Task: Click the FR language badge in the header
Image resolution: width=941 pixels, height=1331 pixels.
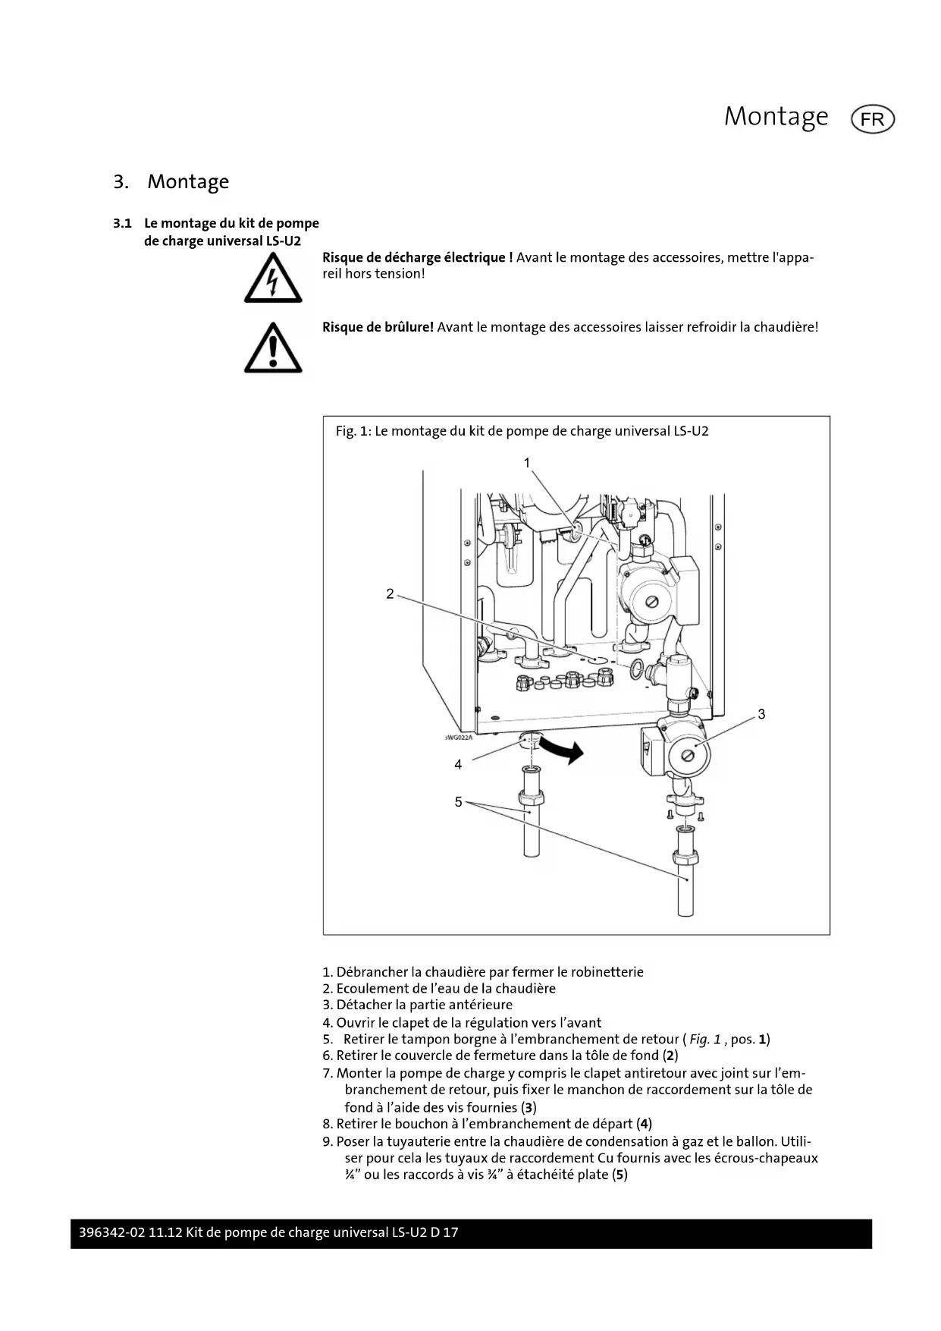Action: (873, 120)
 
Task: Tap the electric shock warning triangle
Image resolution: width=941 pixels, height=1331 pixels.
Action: (273, 279)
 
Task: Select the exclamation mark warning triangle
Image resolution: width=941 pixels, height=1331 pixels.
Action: (273, 348)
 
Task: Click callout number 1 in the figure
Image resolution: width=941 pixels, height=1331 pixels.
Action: (527, 462)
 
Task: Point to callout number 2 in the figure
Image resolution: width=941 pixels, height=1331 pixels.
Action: (390, 593)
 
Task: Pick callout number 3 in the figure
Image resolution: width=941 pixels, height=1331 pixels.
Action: (761, 714)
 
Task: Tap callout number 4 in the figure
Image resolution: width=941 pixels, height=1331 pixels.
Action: (458, 764)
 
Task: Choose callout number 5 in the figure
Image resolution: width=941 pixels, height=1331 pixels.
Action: (458, 801)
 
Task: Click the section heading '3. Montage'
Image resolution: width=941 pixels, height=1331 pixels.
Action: (171, 182)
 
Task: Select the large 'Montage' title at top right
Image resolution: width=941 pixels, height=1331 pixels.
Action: (776, 116)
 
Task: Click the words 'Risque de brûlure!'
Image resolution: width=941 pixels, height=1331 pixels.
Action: (378, 327)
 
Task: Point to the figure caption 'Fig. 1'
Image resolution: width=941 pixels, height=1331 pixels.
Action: (353, 431)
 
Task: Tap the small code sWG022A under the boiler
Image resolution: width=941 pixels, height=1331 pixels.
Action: (458, 737)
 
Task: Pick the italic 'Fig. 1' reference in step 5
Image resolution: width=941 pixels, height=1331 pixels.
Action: (705, 1040)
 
